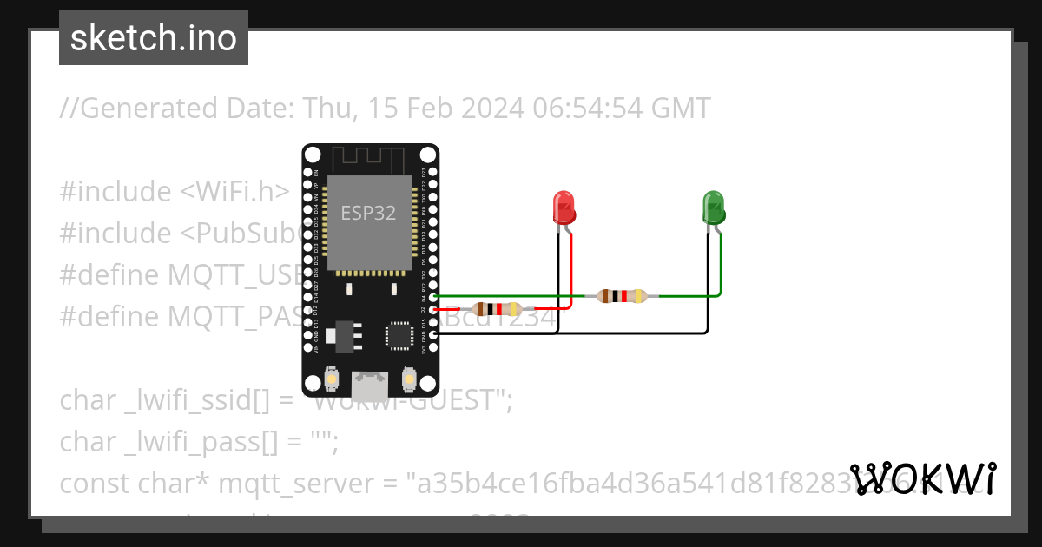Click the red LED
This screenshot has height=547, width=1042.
coord(564,207)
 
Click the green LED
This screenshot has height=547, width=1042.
coord(713,207)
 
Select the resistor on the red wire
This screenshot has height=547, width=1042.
coord(498,308)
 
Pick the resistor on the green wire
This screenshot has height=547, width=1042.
coord(623,296)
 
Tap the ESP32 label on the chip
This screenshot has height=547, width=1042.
coord(368,213)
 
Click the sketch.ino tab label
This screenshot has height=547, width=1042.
coord(154,38)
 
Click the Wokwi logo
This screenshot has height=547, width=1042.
coord(923,478)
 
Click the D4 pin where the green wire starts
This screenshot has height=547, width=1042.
coord(432,297)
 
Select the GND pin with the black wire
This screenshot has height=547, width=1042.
coord(432,333)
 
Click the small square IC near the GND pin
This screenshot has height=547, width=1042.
coord(400,335)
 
